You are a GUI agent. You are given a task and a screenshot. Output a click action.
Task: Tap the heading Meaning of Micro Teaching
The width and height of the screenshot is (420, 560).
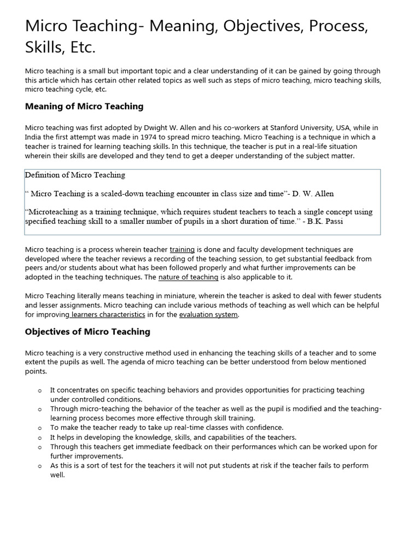[x=84, y=106]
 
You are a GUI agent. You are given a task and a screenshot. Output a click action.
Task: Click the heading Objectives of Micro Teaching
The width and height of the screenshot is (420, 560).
[x=87, y=331]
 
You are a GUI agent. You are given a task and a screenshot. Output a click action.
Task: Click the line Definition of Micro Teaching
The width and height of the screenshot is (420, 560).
[x=75, y=175]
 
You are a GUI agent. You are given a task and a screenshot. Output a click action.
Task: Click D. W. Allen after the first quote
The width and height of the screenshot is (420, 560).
[x=313, y=194]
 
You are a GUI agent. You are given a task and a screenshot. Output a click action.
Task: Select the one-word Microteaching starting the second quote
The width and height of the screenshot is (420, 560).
[x=53, y=212]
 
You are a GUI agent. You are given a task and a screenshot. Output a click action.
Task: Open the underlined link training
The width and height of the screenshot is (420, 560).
[x=182, y=249]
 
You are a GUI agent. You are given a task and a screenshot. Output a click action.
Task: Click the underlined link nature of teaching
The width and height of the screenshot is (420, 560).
[x=188, y=277]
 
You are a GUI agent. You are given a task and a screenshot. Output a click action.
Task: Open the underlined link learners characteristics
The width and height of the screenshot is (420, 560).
[x=107, y=314]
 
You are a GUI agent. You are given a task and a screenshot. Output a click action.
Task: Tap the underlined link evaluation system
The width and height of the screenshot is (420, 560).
[x=208, y=314]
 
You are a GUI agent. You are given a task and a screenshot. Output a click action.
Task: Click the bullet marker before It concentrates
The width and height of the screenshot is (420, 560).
[x=40, y=390]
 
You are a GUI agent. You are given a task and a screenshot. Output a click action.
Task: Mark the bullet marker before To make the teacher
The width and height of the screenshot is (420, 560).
[x=40, y=428]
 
